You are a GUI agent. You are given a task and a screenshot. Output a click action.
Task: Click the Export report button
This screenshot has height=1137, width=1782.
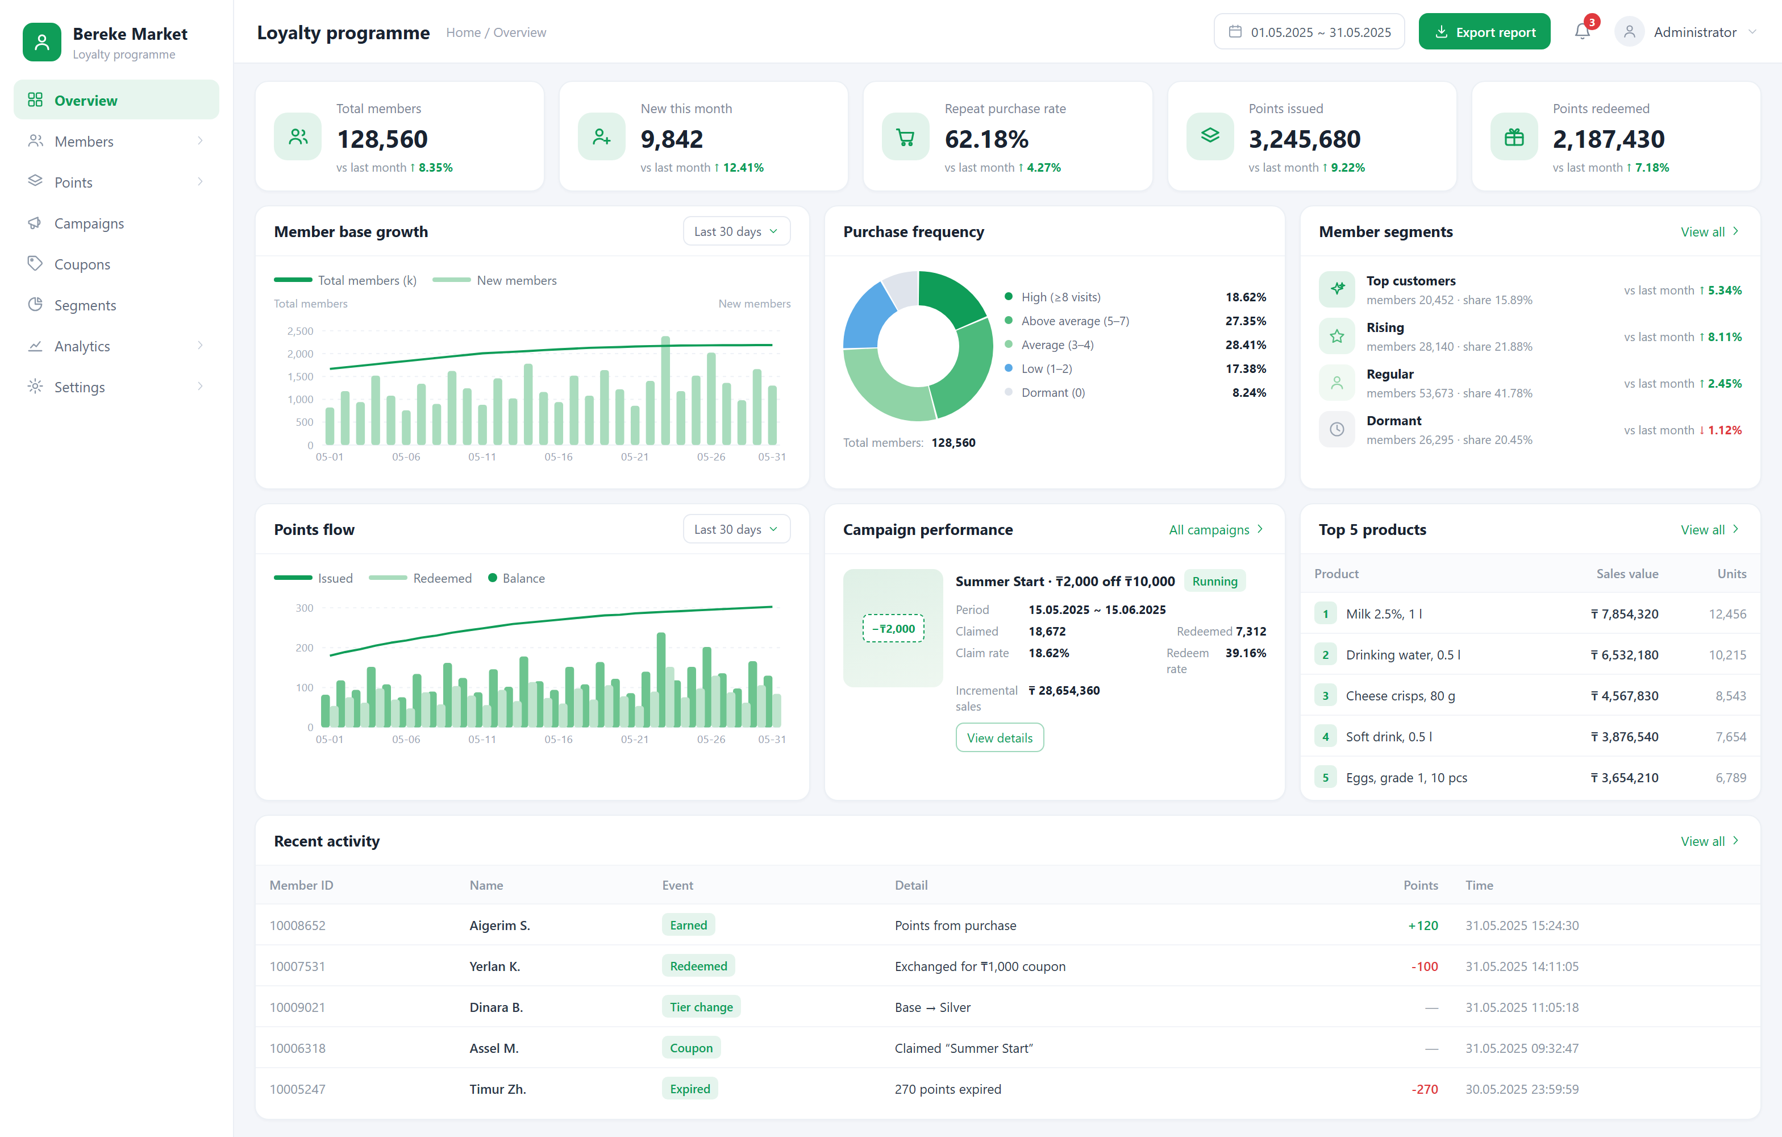tap(1484, 32)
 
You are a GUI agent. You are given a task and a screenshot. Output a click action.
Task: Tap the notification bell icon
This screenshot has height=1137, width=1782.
tap(1582, 32)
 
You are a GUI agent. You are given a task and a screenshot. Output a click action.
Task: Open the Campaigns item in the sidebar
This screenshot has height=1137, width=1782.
tap(89, 223)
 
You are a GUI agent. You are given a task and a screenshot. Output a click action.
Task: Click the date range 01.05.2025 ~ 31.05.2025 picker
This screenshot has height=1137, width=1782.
tap(1309, 32)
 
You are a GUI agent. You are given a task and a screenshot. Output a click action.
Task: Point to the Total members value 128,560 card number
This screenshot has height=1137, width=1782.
tap(382, 139)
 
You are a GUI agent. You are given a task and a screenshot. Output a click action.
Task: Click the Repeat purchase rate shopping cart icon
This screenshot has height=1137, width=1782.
tap(905, 137)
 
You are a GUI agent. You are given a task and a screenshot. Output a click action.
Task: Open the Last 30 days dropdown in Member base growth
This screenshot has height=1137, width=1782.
tap(736, 232)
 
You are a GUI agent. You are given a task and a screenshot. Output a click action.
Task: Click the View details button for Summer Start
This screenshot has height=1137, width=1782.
tap(1000, 738)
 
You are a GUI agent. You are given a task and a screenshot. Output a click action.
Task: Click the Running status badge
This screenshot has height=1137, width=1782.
tap(1215, 581)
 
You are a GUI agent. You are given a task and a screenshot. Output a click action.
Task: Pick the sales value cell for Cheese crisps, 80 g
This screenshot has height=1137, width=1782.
tap(1625, 696)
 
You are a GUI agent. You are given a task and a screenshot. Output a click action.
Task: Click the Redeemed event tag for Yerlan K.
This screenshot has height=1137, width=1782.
tap(698, 966)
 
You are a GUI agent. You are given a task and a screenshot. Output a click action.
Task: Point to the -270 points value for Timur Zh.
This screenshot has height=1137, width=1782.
tap(1425, 1089)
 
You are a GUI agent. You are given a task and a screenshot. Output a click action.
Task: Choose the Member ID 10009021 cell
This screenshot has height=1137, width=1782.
tap(298, 1007)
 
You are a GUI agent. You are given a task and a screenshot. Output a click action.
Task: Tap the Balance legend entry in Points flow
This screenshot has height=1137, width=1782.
tap(517, 578)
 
